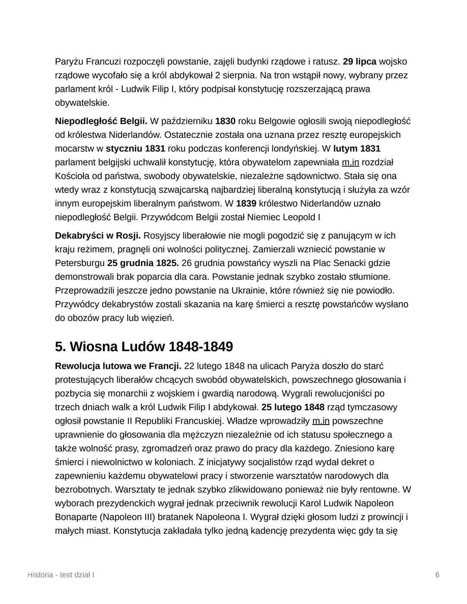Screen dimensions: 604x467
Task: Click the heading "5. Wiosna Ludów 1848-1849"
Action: (x=144, y=347)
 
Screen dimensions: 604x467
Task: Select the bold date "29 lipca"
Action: (x=359, y=62)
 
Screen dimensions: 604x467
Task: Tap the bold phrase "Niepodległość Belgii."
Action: (x=101, y=121)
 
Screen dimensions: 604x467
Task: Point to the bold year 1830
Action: (x=225, y=121)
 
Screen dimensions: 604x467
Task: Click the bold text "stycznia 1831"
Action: (x=135, y=149)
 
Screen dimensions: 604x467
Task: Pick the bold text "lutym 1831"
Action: (x=357, y=149)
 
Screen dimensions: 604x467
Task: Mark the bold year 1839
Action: (x=246, y=203)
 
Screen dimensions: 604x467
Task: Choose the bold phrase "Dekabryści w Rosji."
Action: (x=98, y=236)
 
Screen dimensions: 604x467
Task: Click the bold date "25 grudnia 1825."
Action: (x=143, y=263)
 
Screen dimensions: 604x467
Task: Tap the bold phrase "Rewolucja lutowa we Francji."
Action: (x=118, y=366)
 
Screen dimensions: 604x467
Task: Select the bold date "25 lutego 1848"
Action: (x=293, y=407)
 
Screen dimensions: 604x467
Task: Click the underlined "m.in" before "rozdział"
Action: (x=350, y=163)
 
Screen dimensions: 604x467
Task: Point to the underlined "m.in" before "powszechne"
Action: (x=320, y=421)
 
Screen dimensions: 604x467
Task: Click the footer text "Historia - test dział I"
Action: (x=61, y=575)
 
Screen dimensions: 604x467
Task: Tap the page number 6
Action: (x=437, y=575)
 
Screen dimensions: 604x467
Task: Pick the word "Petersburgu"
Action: (x=80, y=263)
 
